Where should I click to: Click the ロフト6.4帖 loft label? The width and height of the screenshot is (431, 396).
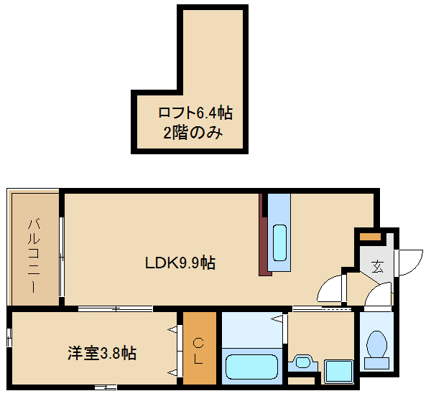(195, 113)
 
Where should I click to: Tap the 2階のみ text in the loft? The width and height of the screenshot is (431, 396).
(193, 133)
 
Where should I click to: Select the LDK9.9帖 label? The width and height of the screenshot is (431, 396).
(180, 263)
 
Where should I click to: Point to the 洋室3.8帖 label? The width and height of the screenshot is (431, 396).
(102, 353)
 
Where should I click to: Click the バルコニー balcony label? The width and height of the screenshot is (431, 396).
(34, 255)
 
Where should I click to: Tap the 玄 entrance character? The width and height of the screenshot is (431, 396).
(377, 266)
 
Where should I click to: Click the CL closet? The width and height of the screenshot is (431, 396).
(199, 348)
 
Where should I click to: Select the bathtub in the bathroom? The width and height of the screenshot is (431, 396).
(251, 367)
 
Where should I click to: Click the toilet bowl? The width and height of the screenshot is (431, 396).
(376, 344)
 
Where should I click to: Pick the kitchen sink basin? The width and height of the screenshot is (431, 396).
(279, 242)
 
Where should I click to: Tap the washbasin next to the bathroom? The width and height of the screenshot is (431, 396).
(302, 363)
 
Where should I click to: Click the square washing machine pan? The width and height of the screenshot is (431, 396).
(338, 372)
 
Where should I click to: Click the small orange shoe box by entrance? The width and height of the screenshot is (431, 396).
(370, 236)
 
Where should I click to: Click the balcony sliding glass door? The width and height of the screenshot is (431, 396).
(62, 257)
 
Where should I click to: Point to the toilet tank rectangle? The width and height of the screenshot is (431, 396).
(376, 363)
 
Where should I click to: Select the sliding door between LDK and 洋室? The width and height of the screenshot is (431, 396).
(115, 308)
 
